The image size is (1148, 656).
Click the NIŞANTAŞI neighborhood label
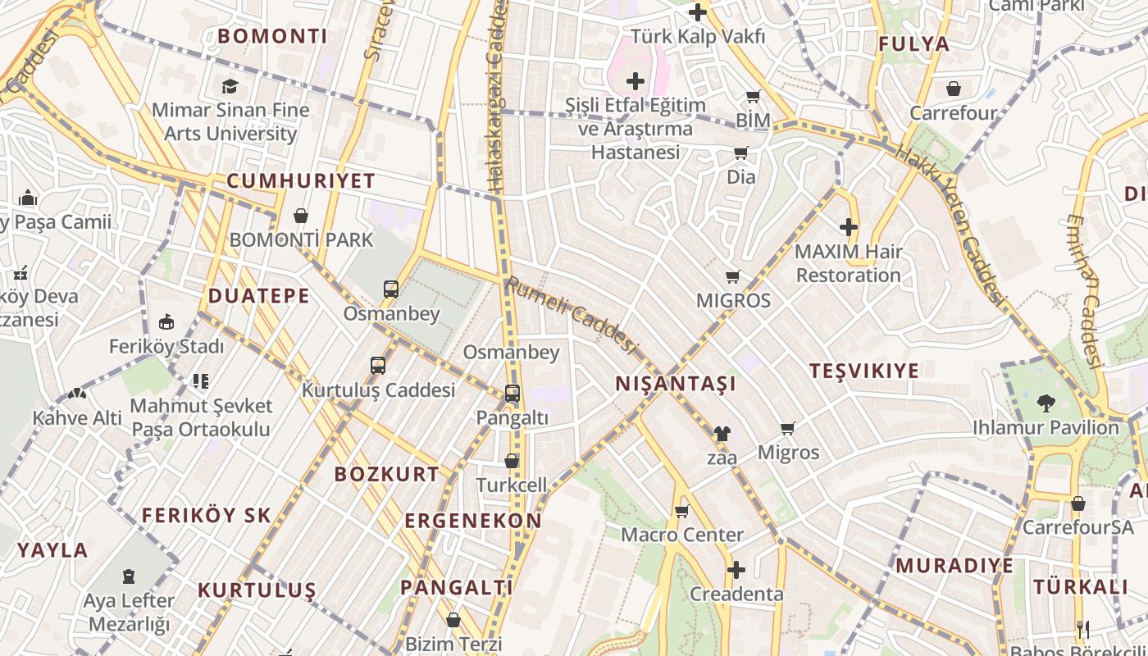[676, 384]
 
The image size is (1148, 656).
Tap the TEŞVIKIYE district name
[864, 371]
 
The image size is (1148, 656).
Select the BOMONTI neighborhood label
[272, 36]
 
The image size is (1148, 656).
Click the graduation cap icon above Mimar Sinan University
[230, 86]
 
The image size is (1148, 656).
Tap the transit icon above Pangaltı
[512, 394]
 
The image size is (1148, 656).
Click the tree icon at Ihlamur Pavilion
[1045, 403]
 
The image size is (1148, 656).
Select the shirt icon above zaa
[722, 433]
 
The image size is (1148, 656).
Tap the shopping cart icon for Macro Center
[681, 511]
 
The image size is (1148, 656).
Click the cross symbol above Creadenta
[736, 569]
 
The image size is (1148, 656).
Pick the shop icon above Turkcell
[512, 461]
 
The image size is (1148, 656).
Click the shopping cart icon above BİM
[753, 97]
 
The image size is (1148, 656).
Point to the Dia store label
[741, 176]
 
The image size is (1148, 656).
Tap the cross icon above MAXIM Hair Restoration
[849, 227]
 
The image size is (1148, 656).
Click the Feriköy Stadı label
[166, 346]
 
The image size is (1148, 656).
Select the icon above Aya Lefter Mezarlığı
[129, 576]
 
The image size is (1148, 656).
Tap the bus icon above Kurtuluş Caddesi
[378, 366]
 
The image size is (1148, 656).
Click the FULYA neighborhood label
[913, 44]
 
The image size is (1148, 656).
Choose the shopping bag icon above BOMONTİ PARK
[301, 216]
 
